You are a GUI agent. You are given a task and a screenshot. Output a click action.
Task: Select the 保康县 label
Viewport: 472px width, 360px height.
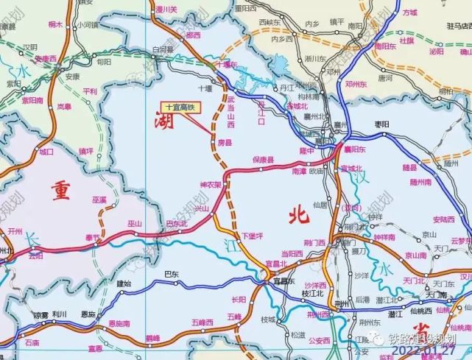tap(263, 160)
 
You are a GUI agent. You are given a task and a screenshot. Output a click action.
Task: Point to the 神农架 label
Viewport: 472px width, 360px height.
tap(211, 184)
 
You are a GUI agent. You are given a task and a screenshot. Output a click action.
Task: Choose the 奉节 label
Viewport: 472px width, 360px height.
tap(91, 237)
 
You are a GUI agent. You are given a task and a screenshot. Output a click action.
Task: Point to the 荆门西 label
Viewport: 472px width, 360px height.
tap(314, 242)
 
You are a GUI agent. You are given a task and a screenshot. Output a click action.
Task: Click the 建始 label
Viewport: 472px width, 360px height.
tap(124, 283)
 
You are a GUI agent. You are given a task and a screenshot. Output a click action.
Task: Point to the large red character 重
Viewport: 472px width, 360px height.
tap(60, 190)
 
